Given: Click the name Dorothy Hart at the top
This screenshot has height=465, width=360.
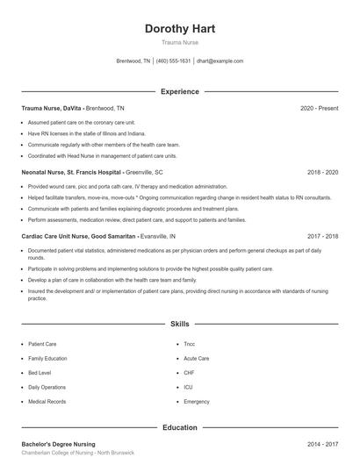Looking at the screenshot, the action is pyautogui.click(x=179, y=28).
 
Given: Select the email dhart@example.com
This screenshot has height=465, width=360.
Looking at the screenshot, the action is pyautogui.click(x=220, y=61).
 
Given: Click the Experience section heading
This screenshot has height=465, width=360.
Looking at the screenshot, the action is pyautogui.click(x=179, y=91).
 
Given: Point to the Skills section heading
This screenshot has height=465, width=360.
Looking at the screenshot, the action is pyautogui.click(x=179, y=324).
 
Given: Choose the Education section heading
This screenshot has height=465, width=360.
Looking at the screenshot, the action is pyautogui.click(x=179, y=427).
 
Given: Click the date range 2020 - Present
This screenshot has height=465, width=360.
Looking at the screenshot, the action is pyautogui.click(x=319, y=108).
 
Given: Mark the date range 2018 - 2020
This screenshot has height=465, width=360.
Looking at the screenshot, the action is pyautogui.click(x=322, y=173).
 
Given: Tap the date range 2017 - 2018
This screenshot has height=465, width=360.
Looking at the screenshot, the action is pyautogui.click(x=322, y=237).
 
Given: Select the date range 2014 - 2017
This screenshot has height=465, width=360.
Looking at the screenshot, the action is pyautogui.click(x=322, y=444).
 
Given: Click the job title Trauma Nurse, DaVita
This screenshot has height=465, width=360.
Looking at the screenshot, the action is pyautogui.click(x=51, y=108).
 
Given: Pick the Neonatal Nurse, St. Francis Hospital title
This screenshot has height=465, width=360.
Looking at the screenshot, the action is pyautogui.click(x=71, y=173).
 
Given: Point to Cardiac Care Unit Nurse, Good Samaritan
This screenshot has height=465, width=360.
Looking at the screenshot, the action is pyautogui.click(x=78, y=237).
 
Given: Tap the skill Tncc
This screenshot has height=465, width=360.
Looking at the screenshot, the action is pyautogui.click(x=190, y=345).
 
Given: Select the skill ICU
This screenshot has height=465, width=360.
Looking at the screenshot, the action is pyautogui.click(x=188, y=387).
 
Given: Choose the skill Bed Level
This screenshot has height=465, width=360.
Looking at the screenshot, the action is pyautogui.click(x=39, y=373).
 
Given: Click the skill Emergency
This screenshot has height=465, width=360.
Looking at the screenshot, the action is pyautogui.click(x=197, y=401).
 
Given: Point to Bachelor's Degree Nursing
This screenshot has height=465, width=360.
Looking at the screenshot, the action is pyautogui.click(x=58, y=444).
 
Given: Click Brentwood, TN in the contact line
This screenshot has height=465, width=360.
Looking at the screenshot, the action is pyautogui.click(x=134, y=61).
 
